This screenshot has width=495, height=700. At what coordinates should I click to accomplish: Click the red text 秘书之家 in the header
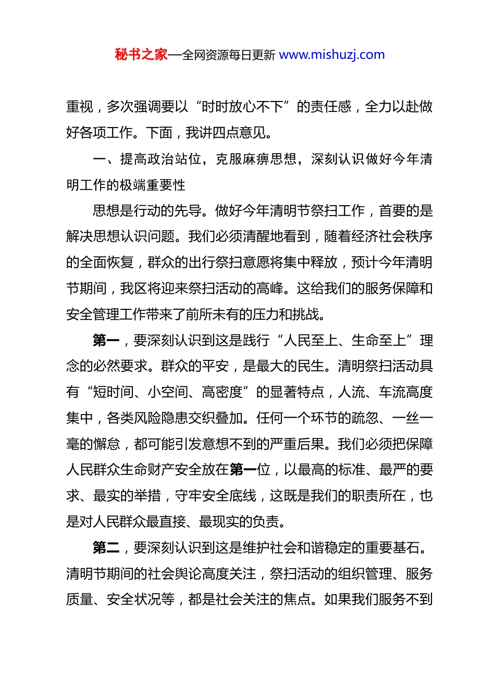(x=141, y=55)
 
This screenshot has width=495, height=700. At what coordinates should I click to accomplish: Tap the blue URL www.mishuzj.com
(x=332, y=55)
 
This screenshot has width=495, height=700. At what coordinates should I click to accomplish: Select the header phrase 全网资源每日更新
(x=229, y=55)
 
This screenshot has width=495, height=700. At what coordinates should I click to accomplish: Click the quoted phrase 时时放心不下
(x=242, y=107)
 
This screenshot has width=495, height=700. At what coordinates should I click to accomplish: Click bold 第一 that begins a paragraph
(x=106, y=341)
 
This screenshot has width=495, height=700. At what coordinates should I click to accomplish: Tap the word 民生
(x=311, y=366)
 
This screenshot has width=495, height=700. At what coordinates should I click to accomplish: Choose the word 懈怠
(x=106, y=444)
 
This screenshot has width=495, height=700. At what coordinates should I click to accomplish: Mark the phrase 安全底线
(x=229, y=496)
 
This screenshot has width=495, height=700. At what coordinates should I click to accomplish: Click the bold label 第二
(x=106, y=548)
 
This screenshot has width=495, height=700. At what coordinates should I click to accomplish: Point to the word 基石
(x=406, y=548)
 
